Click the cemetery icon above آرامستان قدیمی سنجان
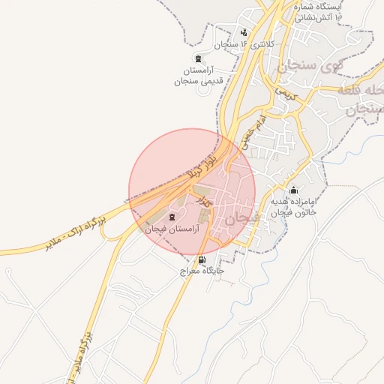[198, 58]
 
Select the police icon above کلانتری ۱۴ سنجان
[244, 32]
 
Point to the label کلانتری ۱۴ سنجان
[244, 44]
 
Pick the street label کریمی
[286, 94]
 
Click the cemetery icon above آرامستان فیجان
[173, 217]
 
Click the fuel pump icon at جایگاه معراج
[201, 259]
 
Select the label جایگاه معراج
[197, 271]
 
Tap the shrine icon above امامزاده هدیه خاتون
[293, 190]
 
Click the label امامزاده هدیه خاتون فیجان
[294, 208]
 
